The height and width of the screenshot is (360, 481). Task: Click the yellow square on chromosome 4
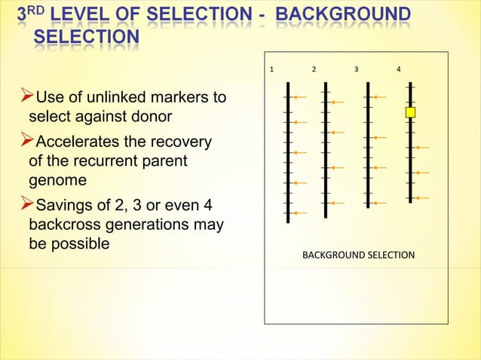[410, 112]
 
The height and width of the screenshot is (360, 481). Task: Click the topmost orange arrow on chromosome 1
[299, 98]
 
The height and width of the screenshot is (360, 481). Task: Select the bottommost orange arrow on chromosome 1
[299, 213]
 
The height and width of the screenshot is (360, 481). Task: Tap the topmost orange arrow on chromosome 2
[337, 102]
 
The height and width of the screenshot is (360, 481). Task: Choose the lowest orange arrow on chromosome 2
[337, 203]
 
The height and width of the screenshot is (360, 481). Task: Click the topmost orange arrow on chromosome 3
[379, 98]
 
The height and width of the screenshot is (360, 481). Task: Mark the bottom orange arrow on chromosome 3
[379, 203]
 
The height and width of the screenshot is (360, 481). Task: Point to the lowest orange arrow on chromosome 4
[421, 198]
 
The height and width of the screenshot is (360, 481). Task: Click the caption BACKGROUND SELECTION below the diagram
[358, 255]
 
